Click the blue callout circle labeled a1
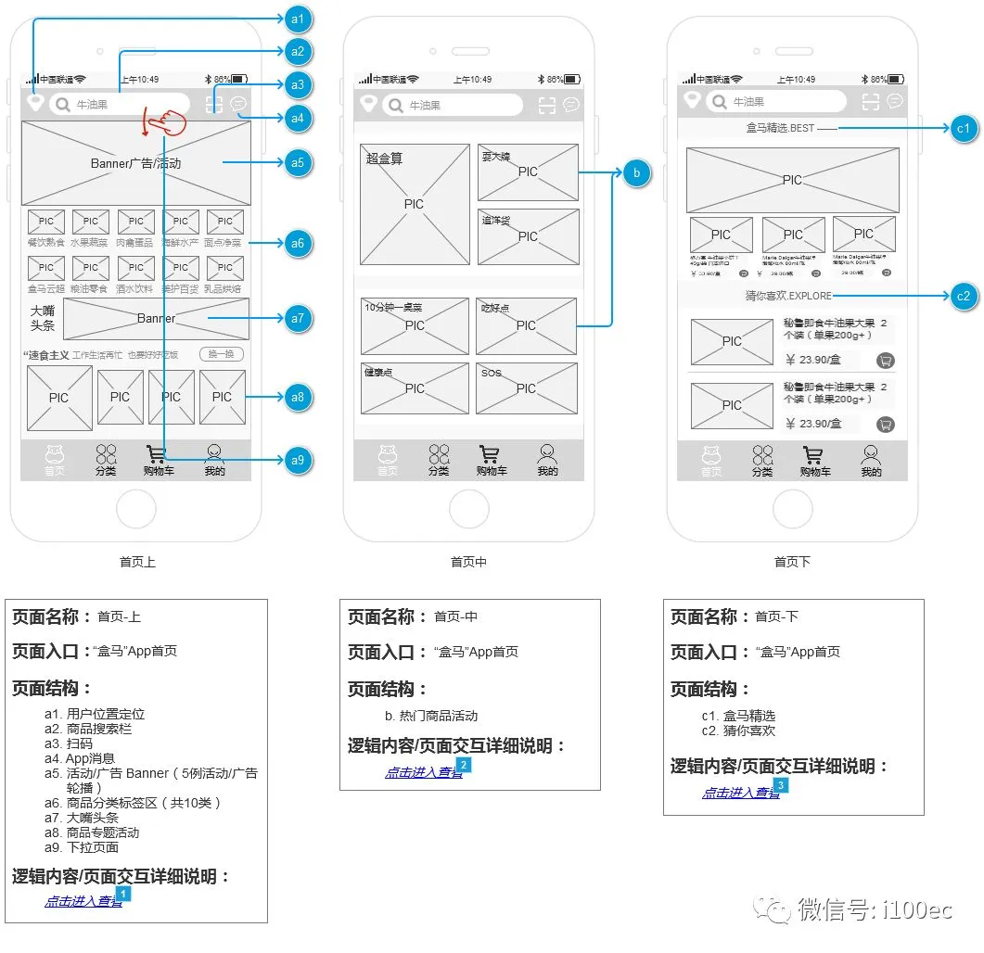(298, 19)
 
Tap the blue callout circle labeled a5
(298, 162)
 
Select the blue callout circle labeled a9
(298, 460)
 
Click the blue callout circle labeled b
(636, 172)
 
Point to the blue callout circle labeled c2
(965, 296)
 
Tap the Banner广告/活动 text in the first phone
(136, 163)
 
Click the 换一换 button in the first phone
(222, 354)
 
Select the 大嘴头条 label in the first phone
(43, 318)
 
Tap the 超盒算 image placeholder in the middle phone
(415, 204)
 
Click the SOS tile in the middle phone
(526, 388)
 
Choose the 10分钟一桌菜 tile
(415, 324)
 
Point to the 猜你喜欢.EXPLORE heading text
(788, 296)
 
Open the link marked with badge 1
(83, 901)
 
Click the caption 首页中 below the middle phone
(468, 562)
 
